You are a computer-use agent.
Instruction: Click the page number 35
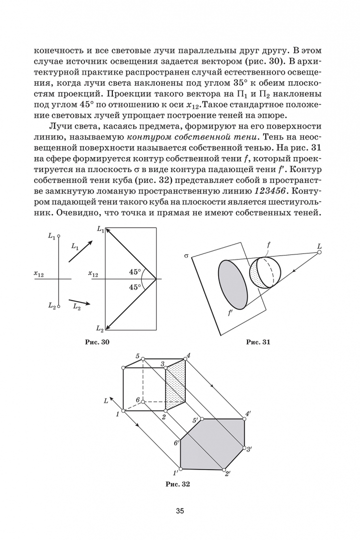(180, 510)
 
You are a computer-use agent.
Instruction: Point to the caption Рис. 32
(177, 483)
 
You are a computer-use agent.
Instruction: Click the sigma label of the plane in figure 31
(186, 256)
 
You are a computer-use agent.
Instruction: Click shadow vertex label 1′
(175, 472)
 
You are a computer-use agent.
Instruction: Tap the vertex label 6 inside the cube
(137, 399)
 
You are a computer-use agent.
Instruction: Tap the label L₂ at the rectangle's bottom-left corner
(99, 328)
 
